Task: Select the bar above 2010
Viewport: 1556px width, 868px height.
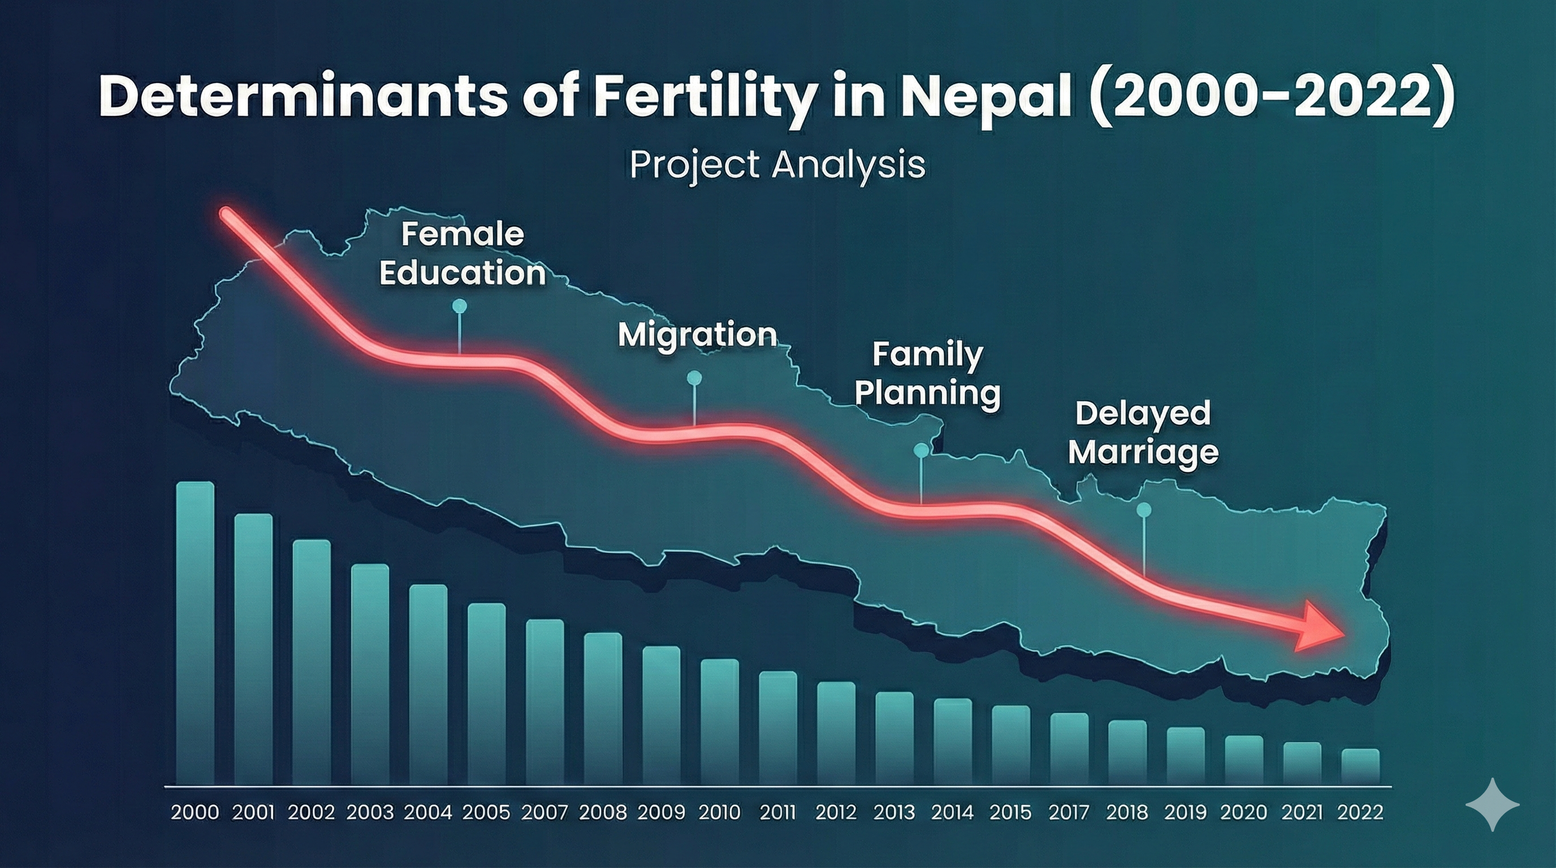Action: [x=719, y=721]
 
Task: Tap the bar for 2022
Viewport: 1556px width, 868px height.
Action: [x=1360, y=767]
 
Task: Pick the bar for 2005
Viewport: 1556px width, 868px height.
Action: [x=486, y=693]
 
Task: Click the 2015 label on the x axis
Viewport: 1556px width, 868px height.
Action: [x=1010, y=813]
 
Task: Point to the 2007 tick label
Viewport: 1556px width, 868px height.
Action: [x=544, y=813]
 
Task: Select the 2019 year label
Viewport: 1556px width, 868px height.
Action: [x=1185, y=813]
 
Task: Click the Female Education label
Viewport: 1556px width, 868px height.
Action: [x=462, y=254]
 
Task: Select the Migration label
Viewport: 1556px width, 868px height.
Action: [x=697, y=335]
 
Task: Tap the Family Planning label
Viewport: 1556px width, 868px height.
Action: [x=927, y=374]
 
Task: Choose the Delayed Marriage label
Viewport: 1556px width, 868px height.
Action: [x=1143, y=432]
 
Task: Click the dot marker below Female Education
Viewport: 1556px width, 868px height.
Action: [x=460, y=306]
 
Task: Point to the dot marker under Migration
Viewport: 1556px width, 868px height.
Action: [x=695, y=378]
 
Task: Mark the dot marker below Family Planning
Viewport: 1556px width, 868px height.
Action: [x=921, y=450]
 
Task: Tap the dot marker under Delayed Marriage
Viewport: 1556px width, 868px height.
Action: [x=1143, y=510]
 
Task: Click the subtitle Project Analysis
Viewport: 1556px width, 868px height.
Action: [x=777, y=165]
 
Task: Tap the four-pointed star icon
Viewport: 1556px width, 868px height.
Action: [x=1493, y=805]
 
